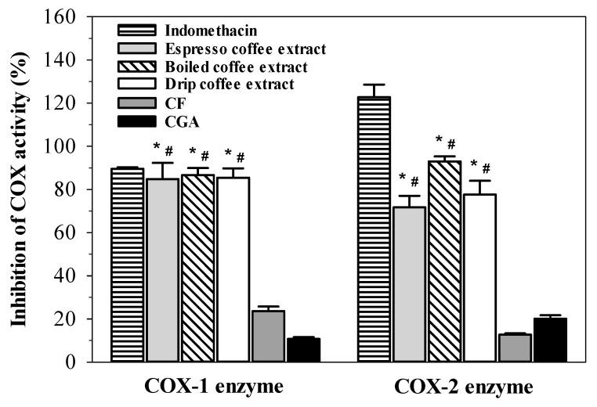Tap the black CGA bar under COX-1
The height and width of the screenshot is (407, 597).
click(304, 350)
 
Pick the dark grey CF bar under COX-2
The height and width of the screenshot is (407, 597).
click(515, 348)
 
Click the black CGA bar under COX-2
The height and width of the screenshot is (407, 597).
click(549, 340)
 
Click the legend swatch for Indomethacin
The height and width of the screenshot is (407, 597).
click(138, 31)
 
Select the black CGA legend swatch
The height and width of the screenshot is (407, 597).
click(138, 121)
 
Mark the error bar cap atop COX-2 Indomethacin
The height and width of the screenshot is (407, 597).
click(374, 85)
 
